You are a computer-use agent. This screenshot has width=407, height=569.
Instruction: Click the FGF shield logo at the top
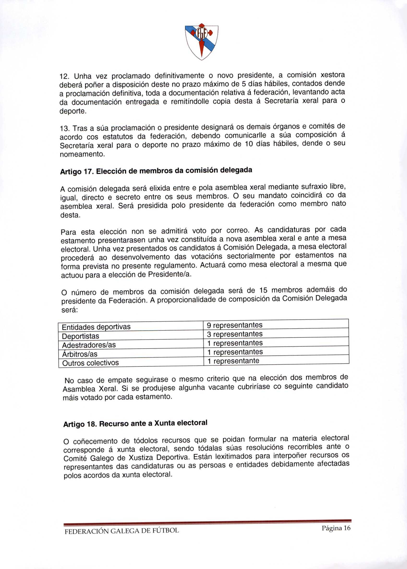coord(201,41)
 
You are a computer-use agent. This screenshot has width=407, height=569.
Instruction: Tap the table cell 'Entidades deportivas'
coord(96,327)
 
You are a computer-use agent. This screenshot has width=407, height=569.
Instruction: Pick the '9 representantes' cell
coord(235,325)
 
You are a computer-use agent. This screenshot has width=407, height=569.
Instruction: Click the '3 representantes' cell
coord(235,334)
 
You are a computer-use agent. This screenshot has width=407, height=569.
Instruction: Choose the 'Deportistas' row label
coord(80,336)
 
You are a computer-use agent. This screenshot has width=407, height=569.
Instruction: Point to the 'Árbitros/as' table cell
coord(80,354)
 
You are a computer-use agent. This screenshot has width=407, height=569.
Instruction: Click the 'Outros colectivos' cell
coord(90,363)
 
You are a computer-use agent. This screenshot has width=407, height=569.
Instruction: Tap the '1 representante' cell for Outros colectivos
coord(233,361)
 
